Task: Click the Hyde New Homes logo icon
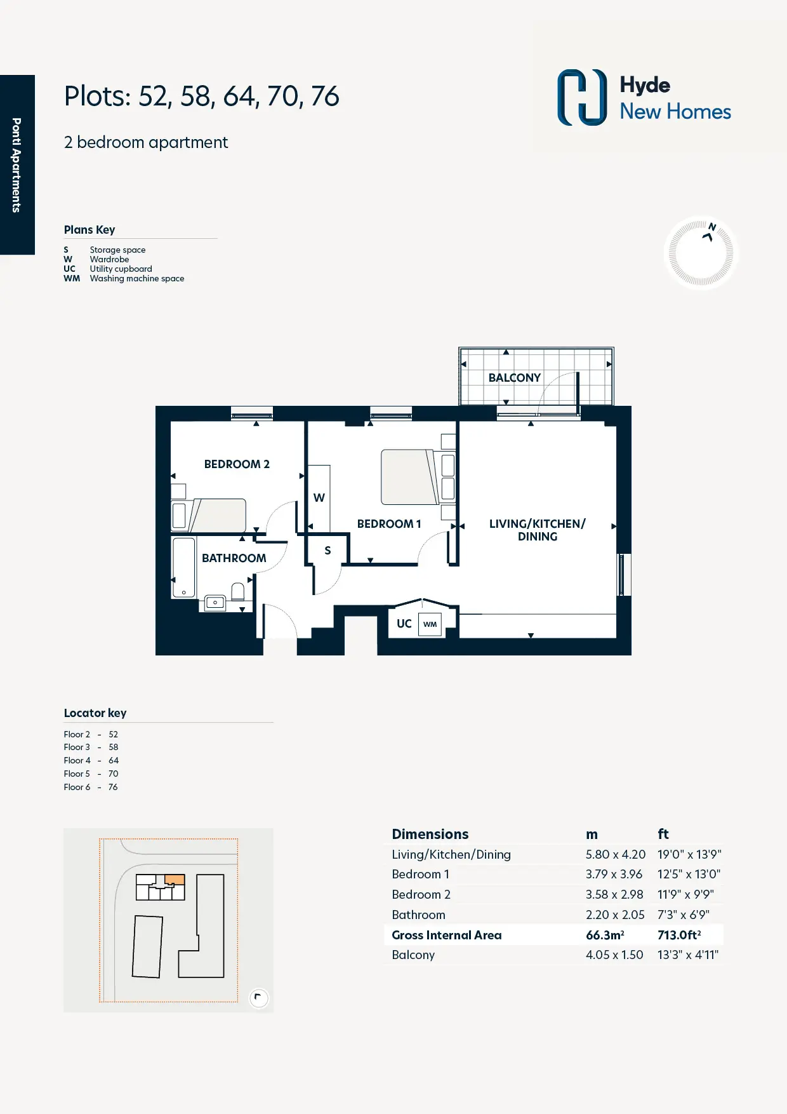(582, 97)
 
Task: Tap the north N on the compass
(712, 227)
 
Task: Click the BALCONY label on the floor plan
(515, 378)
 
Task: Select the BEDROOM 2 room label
(237, 464)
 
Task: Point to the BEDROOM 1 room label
(389, 524)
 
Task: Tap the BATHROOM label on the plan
(234, 558)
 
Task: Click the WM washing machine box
(430, 624)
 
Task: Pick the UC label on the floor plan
(404, 624)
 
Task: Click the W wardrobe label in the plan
(319, 498)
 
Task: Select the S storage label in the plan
(327, 551)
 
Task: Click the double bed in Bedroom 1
(410, 477)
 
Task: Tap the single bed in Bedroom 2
(209, 516)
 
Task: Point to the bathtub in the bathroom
(184, 568)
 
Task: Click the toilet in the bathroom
(238, 592)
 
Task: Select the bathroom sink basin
(215, 602)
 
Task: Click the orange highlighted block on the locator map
(175, 880)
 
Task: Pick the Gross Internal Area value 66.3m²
(605, 935)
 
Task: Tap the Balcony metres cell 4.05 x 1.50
(614, 955)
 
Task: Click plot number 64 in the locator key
(114, 760)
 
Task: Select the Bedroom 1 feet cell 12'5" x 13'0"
(689, 875)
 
